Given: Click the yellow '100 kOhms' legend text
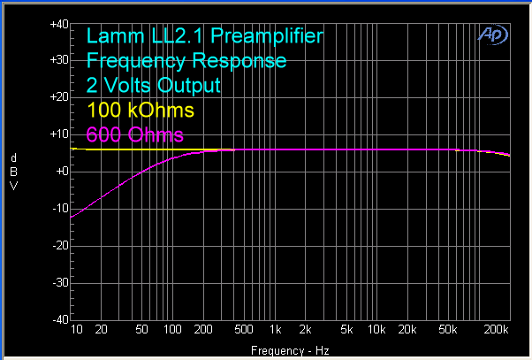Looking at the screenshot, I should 141,111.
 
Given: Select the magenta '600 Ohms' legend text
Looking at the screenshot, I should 135,134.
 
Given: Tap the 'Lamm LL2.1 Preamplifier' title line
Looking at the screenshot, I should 204,36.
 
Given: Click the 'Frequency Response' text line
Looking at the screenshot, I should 186,61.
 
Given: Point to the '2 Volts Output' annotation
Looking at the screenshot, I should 153,86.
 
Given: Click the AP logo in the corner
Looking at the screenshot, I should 489,34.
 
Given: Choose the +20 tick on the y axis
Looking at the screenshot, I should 59,97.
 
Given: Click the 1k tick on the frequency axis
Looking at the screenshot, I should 276,331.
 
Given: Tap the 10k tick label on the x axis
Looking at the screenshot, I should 377,331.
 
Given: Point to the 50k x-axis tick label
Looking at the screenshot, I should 449,331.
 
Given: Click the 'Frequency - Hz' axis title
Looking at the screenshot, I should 291,351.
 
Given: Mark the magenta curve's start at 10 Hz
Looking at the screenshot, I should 72,217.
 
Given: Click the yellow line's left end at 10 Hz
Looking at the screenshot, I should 72,149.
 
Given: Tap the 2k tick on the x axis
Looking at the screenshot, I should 306,331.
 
